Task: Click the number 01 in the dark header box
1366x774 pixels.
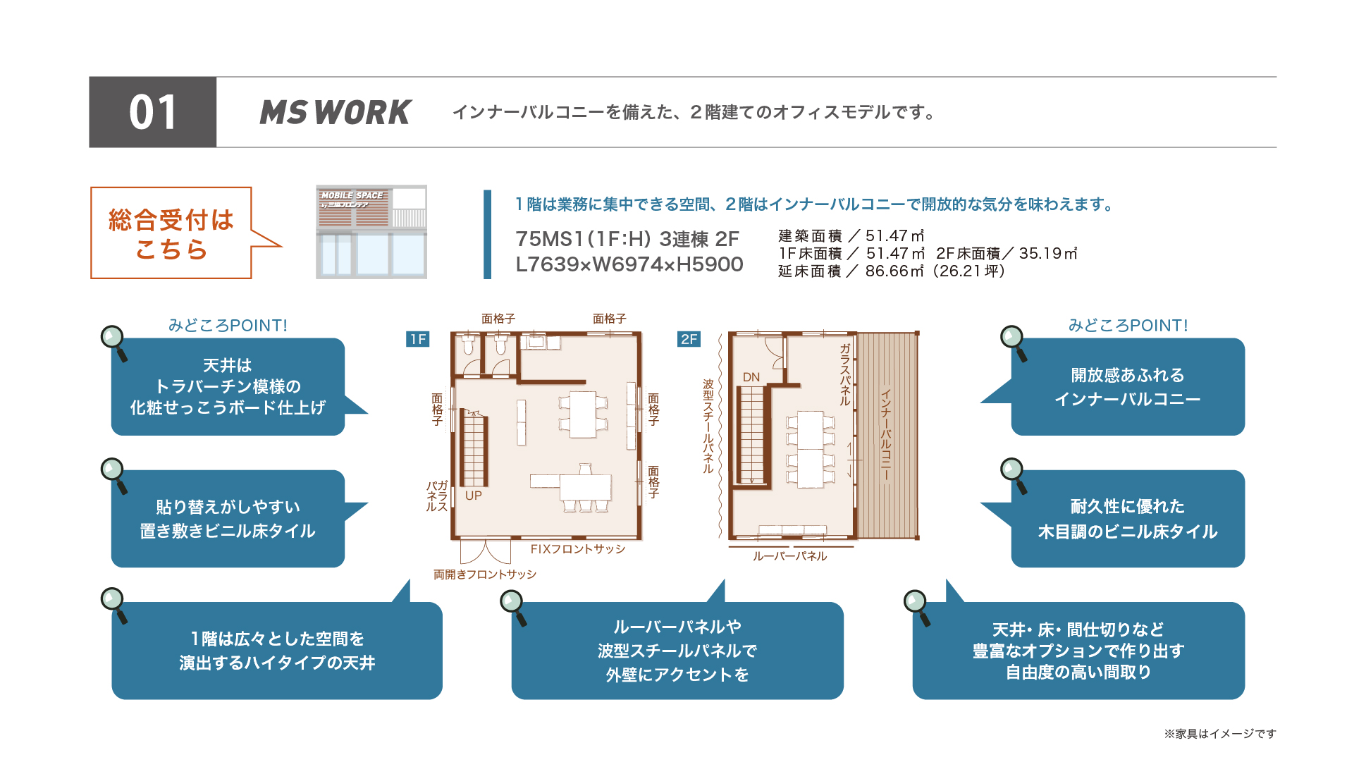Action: point(152,113)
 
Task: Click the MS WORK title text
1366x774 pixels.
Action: point(336,113)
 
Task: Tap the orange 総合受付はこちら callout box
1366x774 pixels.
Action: point(171,233)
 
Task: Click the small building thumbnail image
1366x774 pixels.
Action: point(371,232)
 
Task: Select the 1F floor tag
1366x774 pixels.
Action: point(418,339)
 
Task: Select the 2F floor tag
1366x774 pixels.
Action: point(689,339)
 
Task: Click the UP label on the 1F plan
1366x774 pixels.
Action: point(474,496)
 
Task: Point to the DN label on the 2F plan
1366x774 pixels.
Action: point(751,377)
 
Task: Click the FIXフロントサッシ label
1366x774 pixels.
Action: point(578,549)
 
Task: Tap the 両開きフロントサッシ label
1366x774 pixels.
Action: point(485,575)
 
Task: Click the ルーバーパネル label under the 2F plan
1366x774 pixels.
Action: point(789,556)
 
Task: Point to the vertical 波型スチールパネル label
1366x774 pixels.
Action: point(708,426)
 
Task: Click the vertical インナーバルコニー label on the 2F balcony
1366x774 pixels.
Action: point(886,435)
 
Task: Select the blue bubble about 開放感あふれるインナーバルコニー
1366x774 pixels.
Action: point(1127,387)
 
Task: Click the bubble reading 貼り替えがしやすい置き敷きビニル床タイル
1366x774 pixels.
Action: point(228,519)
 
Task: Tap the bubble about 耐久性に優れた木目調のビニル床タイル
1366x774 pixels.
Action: point(1127,519)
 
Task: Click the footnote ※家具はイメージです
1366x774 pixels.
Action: point(1220,734)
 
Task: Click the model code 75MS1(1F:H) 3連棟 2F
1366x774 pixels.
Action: point(627,239)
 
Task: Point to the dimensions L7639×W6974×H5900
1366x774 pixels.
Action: point(629,264)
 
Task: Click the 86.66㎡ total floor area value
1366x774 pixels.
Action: point(894,271)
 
